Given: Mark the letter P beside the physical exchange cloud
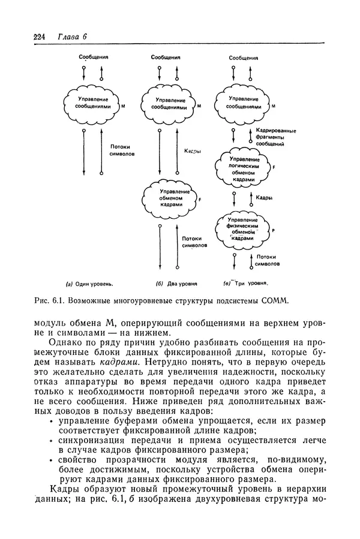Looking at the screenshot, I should click(x=274, y=230).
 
